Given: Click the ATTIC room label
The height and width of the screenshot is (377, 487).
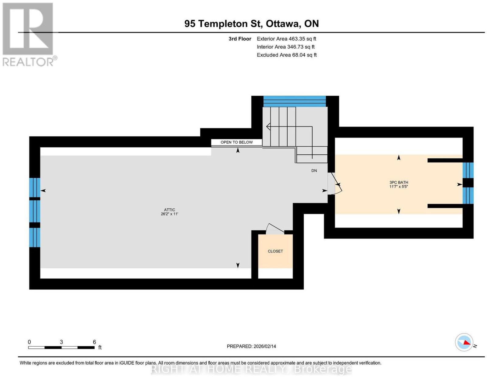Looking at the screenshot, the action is pos(169,210).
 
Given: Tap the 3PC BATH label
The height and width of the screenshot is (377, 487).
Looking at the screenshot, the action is pos(398,182).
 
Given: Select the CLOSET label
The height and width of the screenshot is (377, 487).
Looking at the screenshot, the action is pos(275,251).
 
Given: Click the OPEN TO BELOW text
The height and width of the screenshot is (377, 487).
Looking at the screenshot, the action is pos(236,142).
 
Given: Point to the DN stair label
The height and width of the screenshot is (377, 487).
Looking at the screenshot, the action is pos(314,171).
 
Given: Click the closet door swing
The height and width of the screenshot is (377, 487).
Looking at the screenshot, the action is pos(275,228).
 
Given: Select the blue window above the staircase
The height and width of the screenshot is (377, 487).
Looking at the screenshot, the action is pos(294,101).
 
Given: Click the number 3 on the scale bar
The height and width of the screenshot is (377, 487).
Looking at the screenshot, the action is pos(61,342).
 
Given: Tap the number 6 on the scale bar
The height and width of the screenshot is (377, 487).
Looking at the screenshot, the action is pos(94,342).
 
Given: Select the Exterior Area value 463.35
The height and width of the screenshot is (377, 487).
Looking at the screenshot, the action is pos(297,39).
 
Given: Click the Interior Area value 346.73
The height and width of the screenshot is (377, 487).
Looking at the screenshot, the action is pos(295,47).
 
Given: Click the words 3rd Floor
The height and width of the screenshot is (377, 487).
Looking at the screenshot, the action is pos(240,39).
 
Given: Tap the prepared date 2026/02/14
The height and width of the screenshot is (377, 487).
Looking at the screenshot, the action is pos(265,346).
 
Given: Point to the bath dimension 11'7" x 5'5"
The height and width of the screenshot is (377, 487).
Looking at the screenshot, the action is pos(398,187).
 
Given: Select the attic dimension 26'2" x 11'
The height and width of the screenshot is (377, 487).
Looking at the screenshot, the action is pos(169,214).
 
